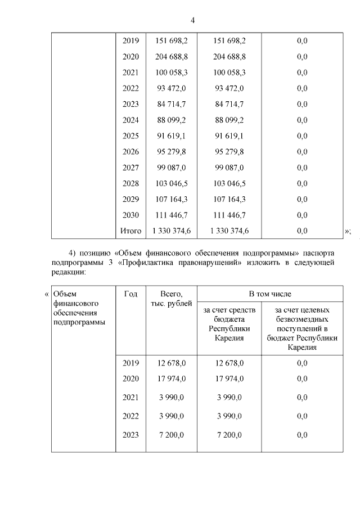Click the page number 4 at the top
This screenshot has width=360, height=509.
point(192,21)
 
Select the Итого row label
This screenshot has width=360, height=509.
point(130,230)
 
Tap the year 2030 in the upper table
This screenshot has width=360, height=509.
point(130,214)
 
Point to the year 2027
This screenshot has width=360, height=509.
point(130,167)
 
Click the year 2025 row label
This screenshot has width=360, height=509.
point(130,136)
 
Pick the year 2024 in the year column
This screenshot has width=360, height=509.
point(130,120)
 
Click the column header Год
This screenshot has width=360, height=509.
point(130,294)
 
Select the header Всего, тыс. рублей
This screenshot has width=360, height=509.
point(171,299)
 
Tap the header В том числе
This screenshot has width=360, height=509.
point(270,294)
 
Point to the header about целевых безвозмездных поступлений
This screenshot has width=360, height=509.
point(302,328)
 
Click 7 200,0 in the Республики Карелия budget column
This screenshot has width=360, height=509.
point(229,435)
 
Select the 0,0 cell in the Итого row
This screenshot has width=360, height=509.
point(302,230)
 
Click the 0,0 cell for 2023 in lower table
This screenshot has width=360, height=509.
point(302,435)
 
